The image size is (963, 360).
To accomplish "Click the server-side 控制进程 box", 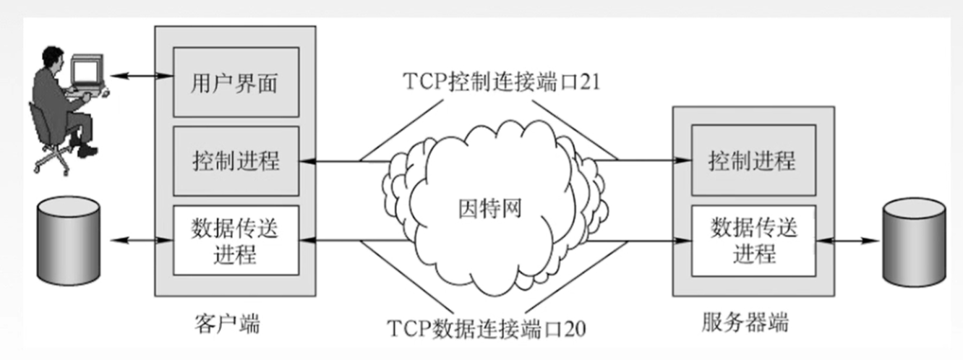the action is pos(753,160).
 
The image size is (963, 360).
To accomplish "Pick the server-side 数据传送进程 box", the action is pos(753,241).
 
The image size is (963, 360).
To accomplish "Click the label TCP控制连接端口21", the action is pos(502,82).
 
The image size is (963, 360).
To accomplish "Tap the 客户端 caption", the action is pos(227,323).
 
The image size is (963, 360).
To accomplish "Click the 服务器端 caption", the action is pos(745,322).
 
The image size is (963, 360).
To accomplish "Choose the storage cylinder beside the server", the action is pos(914,242).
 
